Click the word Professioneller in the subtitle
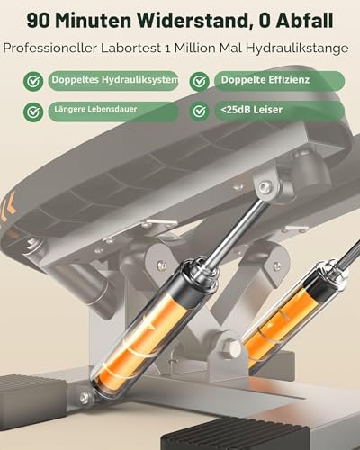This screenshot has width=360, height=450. [x=49, y=48]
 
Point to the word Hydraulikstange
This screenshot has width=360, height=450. [x=297, y=49]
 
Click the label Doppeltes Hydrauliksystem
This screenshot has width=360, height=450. [x=115, y=80]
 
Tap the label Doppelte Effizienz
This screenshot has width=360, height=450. [x=265, y=80]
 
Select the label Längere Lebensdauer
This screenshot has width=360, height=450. [x=95, y=109]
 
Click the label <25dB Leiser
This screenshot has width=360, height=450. [x=252, y=110]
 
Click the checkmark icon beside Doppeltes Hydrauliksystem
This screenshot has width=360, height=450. [x=33, y=81]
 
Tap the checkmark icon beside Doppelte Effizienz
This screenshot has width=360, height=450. [x=200, y=81]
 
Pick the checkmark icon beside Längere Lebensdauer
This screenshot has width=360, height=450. [x=33, y=112]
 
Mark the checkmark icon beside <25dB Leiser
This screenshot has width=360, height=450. [x=200, y=112]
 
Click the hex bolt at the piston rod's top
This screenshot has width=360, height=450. [x=264, y=187]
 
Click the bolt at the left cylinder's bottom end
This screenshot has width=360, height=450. [x=85, y=398]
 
